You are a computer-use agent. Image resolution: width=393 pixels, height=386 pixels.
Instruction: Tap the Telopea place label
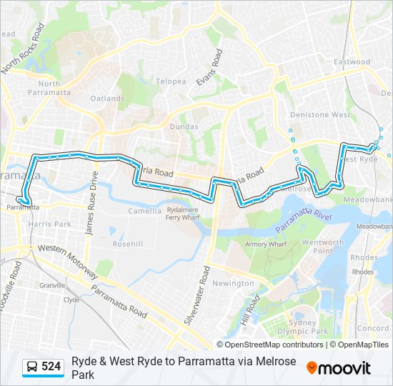[171, 81]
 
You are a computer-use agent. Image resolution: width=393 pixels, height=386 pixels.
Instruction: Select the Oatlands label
[107, 99]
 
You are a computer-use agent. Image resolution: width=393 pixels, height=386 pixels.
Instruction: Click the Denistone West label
[319, 114]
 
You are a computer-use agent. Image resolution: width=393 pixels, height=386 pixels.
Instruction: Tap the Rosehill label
[127, 244]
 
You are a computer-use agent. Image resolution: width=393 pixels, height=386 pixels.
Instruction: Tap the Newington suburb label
[233, 284]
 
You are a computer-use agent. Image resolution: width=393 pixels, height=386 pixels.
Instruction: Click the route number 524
[51, 367]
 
